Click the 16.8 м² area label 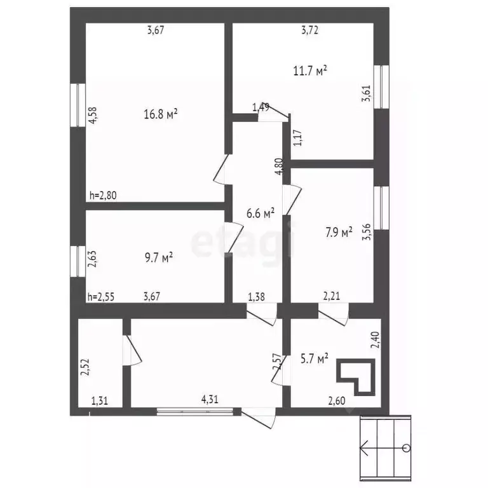(161, 114)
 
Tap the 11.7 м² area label (310, 71)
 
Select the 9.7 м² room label (158, 257)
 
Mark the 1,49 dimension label (261, 107)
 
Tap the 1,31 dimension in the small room (99, 400)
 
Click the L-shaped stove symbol (356, 376)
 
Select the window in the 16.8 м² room (78, 105)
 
